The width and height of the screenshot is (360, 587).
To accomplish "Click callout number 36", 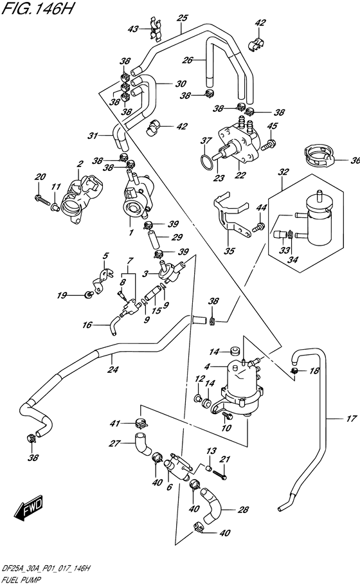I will coord(355,161).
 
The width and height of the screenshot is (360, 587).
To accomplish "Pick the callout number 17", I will coord(351,419).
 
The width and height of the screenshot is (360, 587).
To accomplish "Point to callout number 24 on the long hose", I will coord(114,369).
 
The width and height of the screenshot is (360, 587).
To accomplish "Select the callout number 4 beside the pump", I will coord(207,366).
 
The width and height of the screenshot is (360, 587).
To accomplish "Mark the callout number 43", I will coord(133,29).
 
